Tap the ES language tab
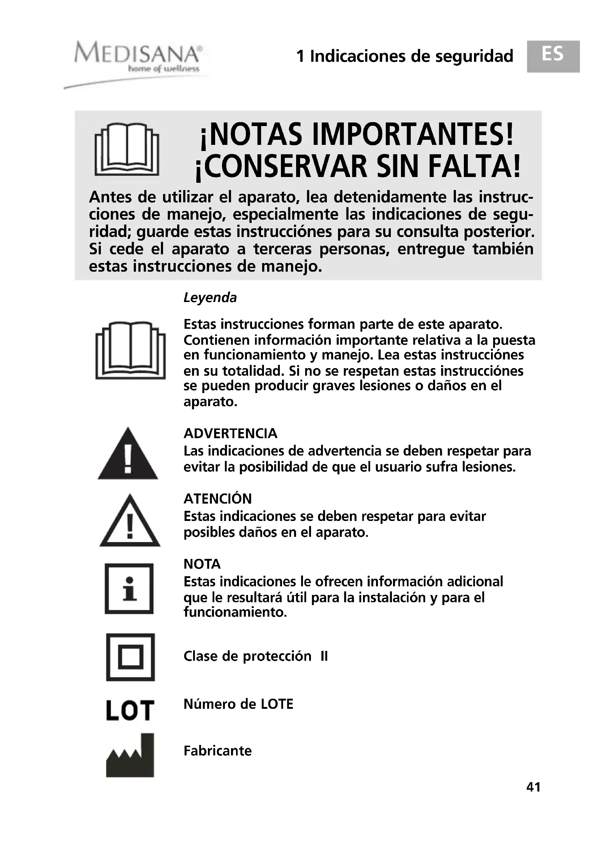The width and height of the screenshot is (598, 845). (x=553, y=56)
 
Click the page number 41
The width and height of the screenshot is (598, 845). (x=533, y=786)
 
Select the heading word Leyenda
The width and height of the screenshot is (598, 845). (x=210, y=297)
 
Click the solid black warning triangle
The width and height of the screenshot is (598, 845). (x=128, y=455)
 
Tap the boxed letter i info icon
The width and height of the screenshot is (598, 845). (x=129, y=589)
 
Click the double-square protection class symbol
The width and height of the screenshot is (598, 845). (x=131, y=657)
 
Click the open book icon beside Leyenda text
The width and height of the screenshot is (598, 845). (x=131, y=350)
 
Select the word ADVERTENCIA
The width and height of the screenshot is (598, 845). (x=230, y=434)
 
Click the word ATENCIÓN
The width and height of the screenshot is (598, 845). (x=218, y=499)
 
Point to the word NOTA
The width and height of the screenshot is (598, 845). (x=202, y=564)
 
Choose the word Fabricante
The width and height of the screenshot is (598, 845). (x=218, y=751)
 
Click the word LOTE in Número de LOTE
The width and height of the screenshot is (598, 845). (x=277, y=704)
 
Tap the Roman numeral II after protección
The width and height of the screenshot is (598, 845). (x=324, y=656)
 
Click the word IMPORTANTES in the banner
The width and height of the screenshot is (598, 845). (x=413, y=135)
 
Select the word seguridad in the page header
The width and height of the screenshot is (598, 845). (x=474, y=56)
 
